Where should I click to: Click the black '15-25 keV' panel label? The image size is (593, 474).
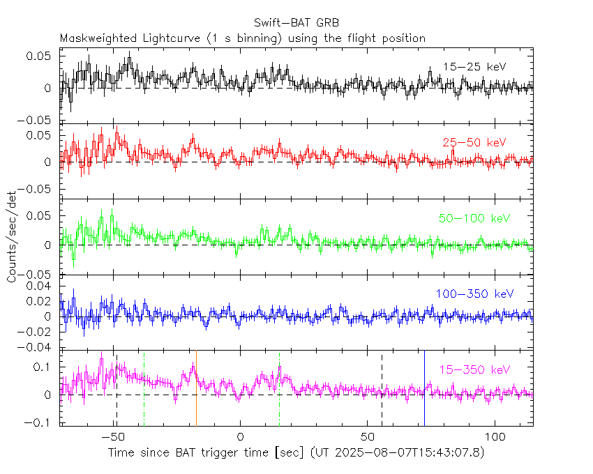474,67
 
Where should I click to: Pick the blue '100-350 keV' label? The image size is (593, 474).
474,294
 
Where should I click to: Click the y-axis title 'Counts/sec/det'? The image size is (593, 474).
13,238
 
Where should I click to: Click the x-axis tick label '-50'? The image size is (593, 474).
112,437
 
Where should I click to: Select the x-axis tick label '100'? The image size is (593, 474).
495,437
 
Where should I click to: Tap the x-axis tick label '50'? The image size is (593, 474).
368,437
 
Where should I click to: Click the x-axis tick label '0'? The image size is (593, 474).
240,437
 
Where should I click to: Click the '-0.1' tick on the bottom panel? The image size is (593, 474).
41,422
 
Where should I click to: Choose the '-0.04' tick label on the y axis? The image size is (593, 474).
38,347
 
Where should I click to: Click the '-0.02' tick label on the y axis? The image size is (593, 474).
38,332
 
